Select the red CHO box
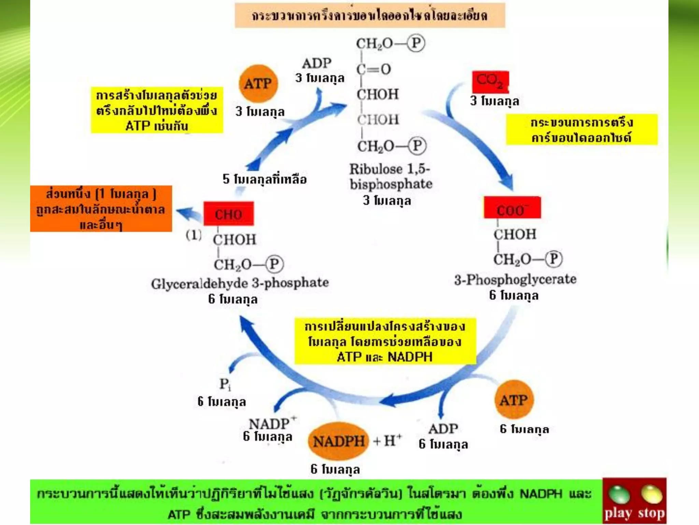click(x=229, y=214)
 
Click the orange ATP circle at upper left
click(x=258, y=84)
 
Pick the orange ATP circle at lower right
click(x=514, y=400)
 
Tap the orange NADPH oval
click(x=339, y=441)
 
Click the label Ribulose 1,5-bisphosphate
click(x=390, y=177)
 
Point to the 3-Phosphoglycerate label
click(x=515, y=280)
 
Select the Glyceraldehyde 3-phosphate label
click(x=240, y=283)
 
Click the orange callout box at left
click(x=101, y=209)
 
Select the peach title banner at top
click(x=370, y=16)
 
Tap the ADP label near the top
click(x=317, y=63)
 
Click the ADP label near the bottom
click(x=443, y=429)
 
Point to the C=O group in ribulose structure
click(x=374, y=69)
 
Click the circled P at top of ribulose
click(x=416, y=43)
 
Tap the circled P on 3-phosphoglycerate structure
click(x=553, y=259)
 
